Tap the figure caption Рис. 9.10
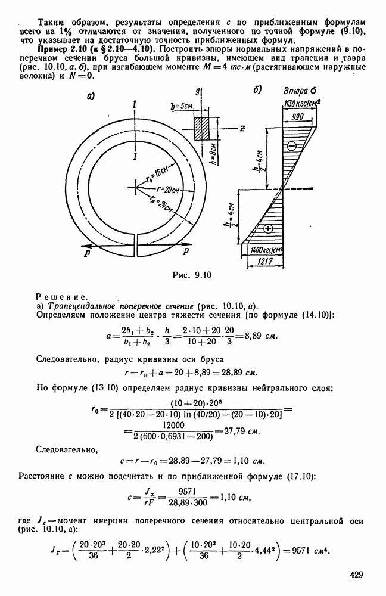tap(192, 275)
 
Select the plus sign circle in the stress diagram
tap(268, 229)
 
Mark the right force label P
tap(185, 253)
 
